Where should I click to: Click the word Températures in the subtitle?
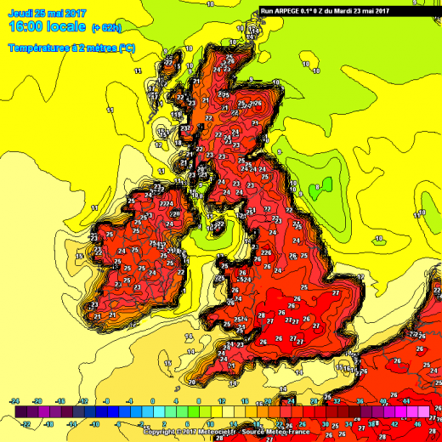[37, 48]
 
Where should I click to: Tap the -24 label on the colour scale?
[14, 400]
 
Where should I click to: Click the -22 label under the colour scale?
[26, 422]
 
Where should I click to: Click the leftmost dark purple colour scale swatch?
[14, 411]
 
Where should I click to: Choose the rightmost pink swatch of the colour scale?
[422, 411]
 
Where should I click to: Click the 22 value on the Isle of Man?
[219, 224]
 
